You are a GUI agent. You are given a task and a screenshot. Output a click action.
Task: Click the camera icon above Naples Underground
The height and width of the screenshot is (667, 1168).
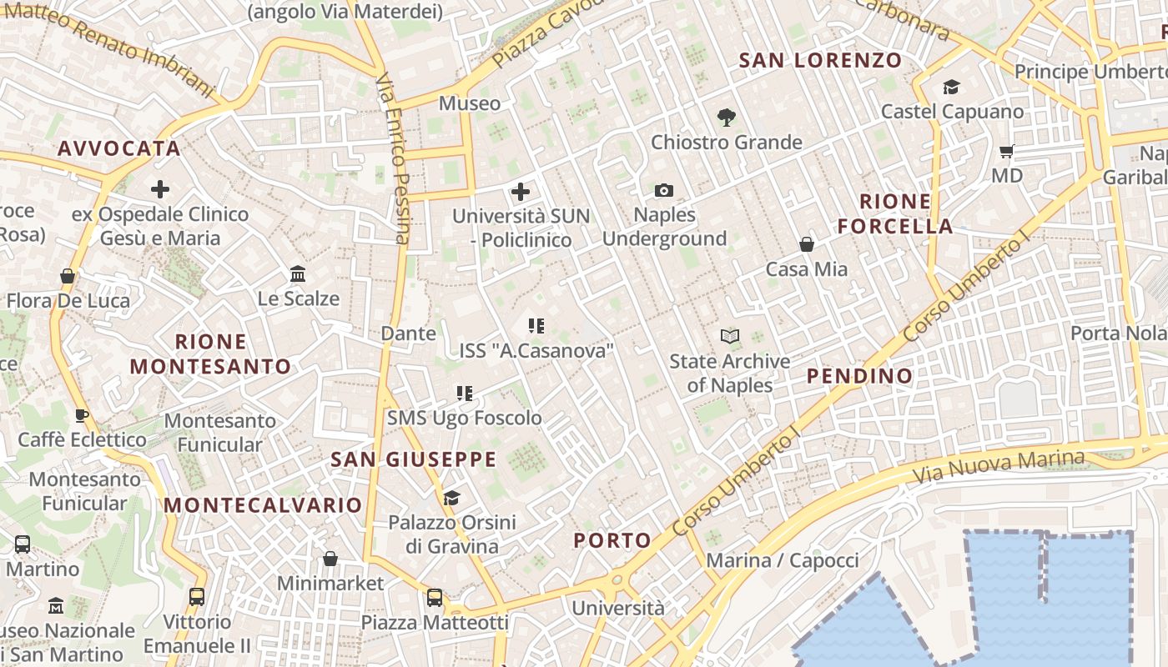pos(664,191)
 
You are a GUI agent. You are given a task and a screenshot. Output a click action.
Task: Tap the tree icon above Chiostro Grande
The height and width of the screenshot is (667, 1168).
pos(727,118)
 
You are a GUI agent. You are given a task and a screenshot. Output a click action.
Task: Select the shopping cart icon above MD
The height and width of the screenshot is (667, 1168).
pos(1007,152)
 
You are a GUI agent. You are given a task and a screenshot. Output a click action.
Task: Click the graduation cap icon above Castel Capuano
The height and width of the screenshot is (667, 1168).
pos(952,88)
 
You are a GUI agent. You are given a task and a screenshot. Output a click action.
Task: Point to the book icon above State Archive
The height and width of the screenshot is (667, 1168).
pos(730,337)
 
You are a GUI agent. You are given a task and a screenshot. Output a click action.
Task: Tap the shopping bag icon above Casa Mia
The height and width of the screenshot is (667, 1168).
pos(807,244)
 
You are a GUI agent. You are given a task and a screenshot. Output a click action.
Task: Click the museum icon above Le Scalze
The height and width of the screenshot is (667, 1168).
pos(298,274)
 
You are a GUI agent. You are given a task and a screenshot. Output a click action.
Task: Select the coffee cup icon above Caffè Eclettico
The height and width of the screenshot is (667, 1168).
pos(82,415)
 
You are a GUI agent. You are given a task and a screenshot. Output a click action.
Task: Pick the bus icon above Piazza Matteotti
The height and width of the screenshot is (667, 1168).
pos(435,598)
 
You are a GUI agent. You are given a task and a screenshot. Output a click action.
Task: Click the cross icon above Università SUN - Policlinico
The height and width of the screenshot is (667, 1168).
pos(521,193)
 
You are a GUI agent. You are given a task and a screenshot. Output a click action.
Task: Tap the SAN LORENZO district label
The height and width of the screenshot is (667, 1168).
pos(821,60)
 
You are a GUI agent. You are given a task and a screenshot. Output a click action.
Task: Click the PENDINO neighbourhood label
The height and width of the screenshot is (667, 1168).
pos(860,376)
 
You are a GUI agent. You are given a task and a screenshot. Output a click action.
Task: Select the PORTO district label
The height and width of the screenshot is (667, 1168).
pos(612,540)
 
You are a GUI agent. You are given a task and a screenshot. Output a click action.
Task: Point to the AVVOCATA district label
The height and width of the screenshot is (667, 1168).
pos(119,148)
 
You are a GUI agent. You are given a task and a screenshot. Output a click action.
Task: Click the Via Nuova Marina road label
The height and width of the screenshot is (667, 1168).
pos(999,467)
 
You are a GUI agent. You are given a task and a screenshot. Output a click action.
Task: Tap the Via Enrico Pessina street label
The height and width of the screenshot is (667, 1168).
pos(393,158)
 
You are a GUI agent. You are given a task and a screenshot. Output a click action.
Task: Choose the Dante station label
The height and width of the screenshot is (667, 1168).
pos(408,333)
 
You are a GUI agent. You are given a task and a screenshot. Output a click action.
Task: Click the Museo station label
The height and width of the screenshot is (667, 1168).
pos(470,103)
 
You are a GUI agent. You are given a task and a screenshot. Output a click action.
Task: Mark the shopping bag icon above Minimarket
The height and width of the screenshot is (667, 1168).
pos(330,559)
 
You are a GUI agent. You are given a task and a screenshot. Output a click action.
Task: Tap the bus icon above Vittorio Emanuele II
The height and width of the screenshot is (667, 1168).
pos(197,597)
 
